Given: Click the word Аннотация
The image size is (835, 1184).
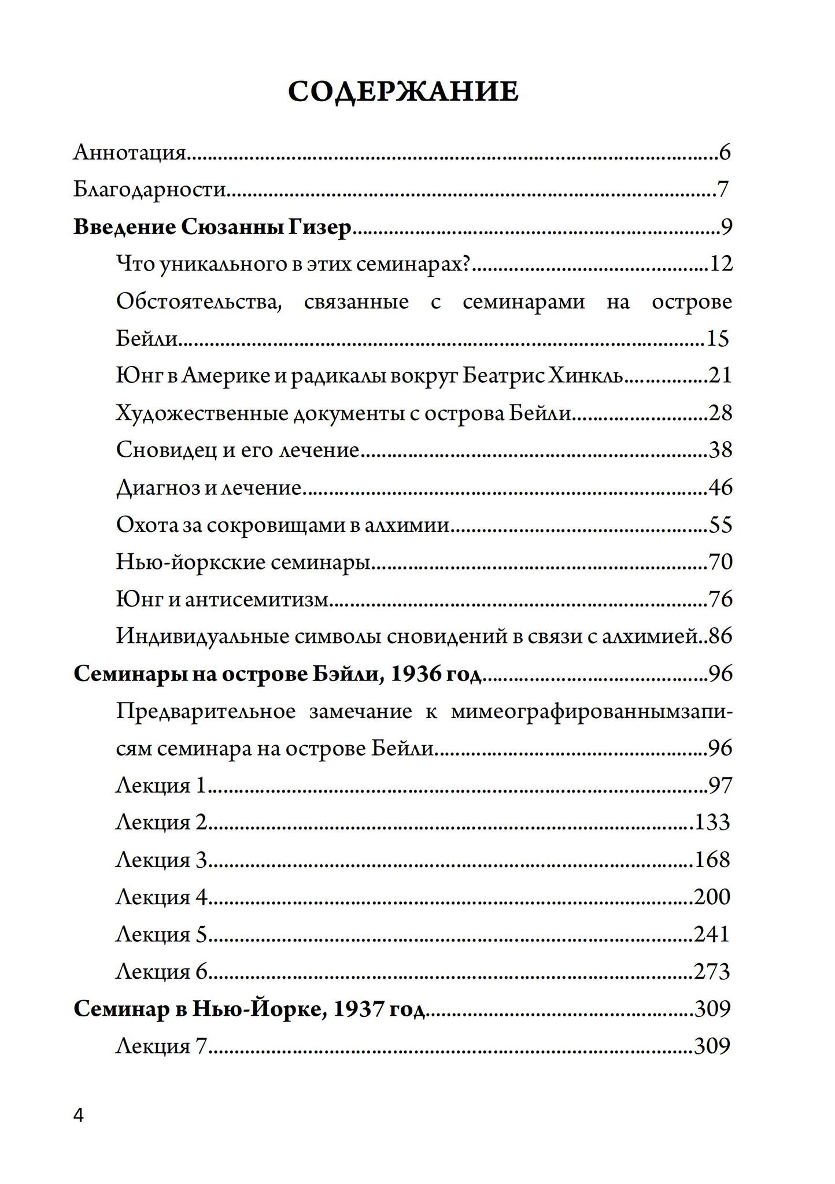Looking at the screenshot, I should point(130,153).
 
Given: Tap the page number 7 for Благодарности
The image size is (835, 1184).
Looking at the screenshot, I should point(722,190).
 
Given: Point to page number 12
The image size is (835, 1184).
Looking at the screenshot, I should point(721,264).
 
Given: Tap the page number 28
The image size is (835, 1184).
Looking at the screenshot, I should point(721,413).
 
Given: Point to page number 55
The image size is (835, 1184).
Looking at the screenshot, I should point(721,525).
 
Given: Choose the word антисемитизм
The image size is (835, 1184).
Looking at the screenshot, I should point(257,600).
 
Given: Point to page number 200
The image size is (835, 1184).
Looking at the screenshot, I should point(712,897).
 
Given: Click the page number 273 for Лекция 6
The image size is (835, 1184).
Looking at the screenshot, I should point(712,972).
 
